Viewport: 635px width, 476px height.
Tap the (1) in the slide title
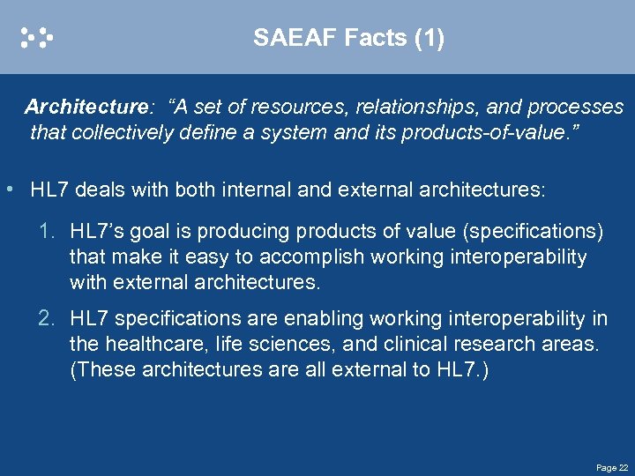pyautogui.click(x=429, y=38)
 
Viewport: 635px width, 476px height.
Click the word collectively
pyautogui.click(x=117, y=133)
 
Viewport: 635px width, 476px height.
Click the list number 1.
pyautogui.click(x=48, y=232)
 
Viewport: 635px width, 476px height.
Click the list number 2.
pyautogui.click(x=48, y=318)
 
